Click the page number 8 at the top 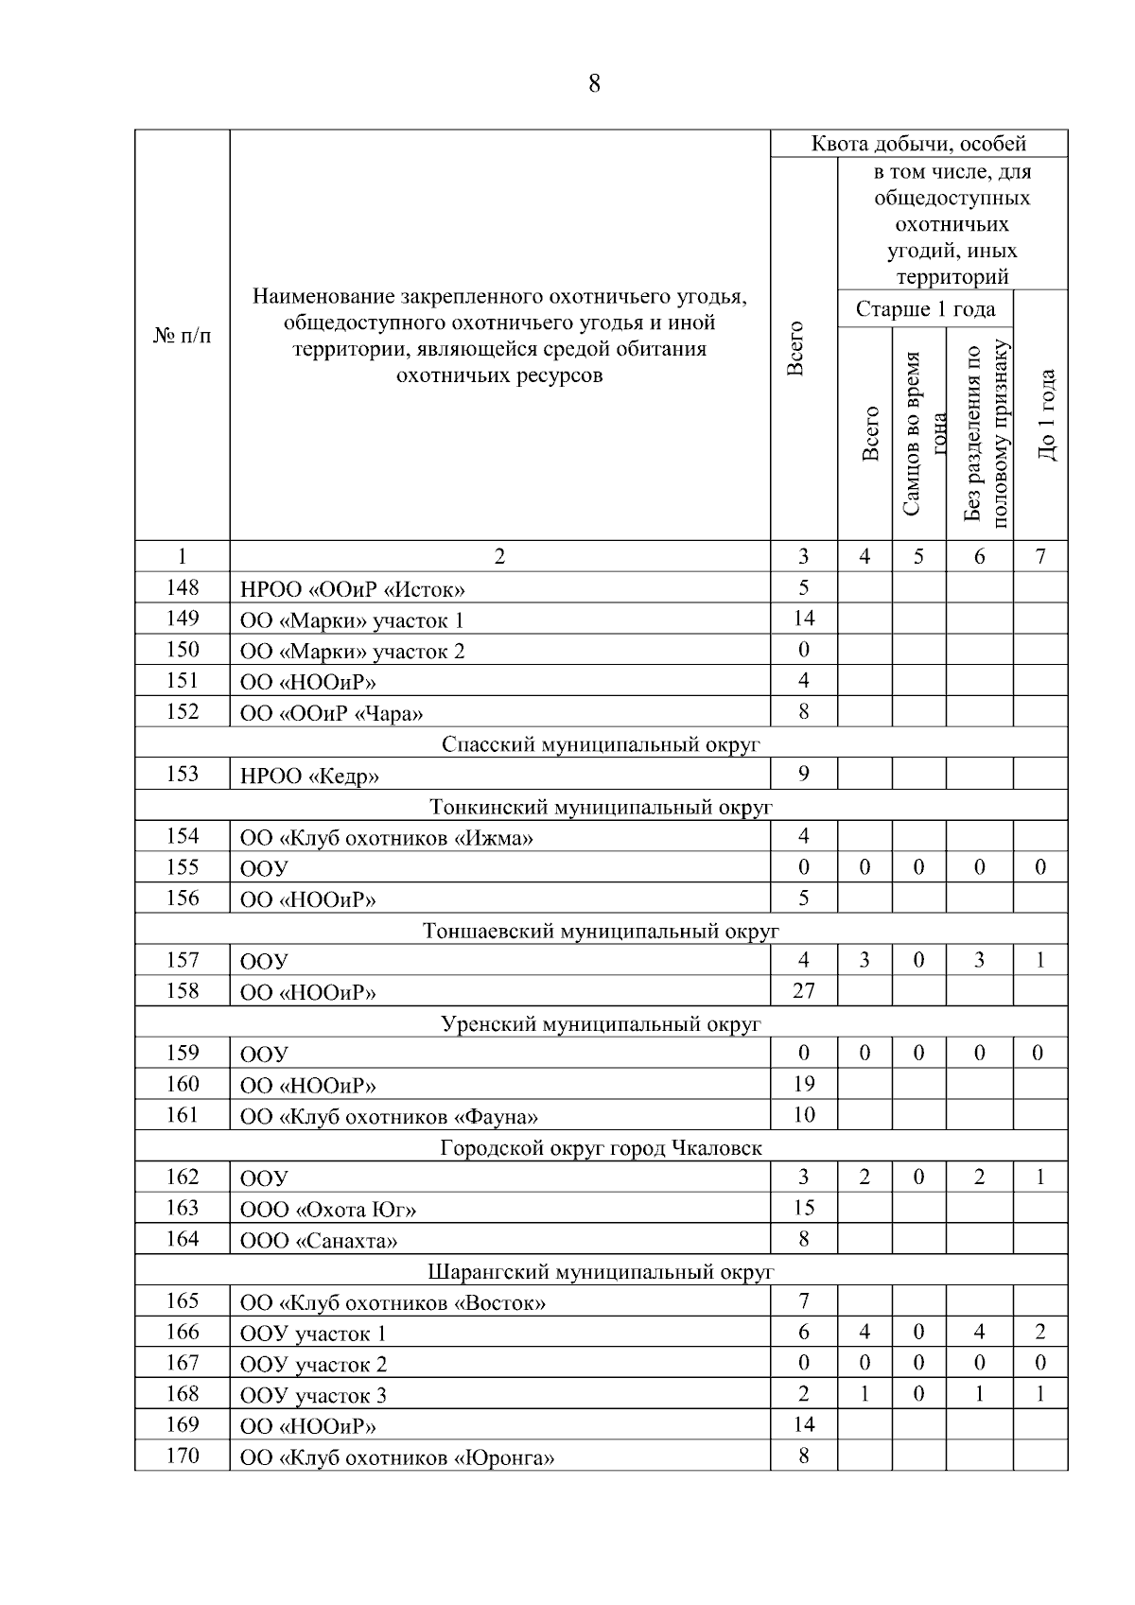593,84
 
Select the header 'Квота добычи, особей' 918,144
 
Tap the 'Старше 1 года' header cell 924,309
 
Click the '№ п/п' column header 182,336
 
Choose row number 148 182,587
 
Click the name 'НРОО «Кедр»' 309,776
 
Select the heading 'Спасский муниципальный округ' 601,744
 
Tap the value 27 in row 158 803,990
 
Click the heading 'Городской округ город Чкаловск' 601,1147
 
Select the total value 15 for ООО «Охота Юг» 803,1208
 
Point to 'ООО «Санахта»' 319,1240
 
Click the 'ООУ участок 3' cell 313,1395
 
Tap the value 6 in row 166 803,1332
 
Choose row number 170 182,1456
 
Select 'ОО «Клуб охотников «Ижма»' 386,838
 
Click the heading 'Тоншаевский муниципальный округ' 601,931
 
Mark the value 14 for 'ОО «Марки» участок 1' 803,619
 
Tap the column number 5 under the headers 918,556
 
